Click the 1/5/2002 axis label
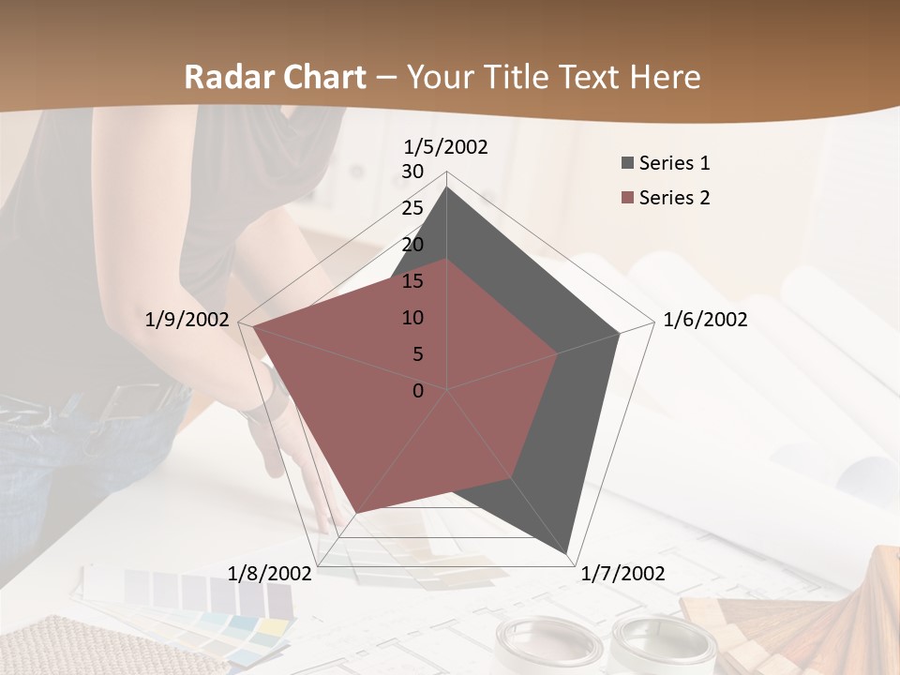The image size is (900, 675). coord(446,146)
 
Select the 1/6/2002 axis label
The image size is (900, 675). coord(705,320)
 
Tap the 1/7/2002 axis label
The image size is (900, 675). coord(622,574)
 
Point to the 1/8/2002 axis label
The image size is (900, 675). coord(270,574)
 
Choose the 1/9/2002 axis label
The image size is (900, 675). coord(187,320)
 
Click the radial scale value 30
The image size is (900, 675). coord(412,172)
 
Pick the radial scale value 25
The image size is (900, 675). coord(412,208)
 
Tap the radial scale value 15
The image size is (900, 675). coord(412,281)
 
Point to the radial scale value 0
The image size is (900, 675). coord(418,391)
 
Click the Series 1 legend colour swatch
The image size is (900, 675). coord(627,163)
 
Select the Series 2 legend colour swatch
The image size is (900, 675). coord(627,198)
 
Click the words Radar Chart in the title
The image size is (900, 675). coord(275,77)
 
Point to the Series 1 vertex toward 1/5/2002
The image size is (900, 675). coord(446,187)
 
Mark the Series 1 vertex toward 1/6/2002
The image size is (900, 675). coord(619,334)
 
